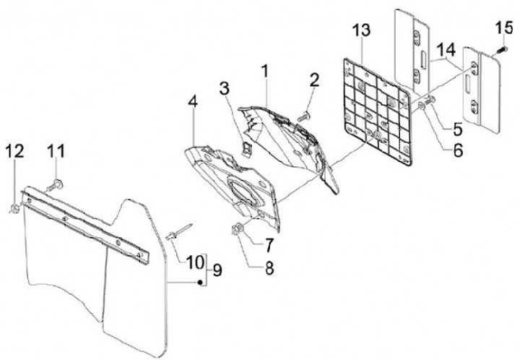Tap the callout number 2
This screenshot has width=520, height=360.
pos(314,80)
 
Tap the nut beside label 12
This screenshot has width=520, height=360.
pos(14,210)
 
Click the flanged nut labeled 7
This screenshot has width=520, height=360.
pos(238,231)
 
